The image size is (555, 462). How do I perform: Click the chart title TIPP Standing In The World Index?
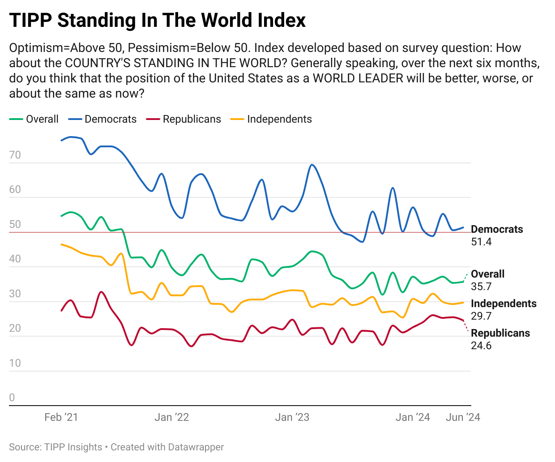[x=157, y=20]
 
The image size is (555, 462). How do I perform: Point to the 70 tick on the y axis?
[x=15, y=155]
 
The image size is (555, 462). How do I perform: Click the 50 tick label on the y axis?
[x=15, y=224]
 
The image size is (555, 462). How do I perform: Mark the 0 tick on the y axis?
[x=12, y=398]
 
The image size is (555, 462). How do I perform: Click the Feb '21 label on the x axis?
[x=61, y=417]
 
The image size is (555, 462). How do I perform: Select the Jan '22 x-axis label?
[x=172, y=417]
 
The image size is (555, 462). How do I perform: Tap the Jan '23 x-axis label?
[x=292, y=417]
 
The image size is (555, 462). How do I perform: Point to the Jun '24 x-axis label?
[x=463, y=417]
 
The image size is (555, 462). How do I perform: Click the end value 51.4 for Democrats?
[x=481, y=242]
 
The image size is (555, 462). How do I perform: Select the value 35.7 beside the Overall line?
[x=481, y=287]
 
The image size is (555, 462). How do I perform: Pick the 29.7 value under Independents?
[x=481, y=316]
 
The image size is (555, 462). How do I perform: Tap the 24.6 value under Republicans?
[x=481, y=346]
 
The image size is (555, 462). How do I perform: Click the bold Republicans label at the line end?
[x=500, y=333]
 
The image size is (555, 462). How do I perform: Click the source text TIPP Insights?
[x=73, y=447]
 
